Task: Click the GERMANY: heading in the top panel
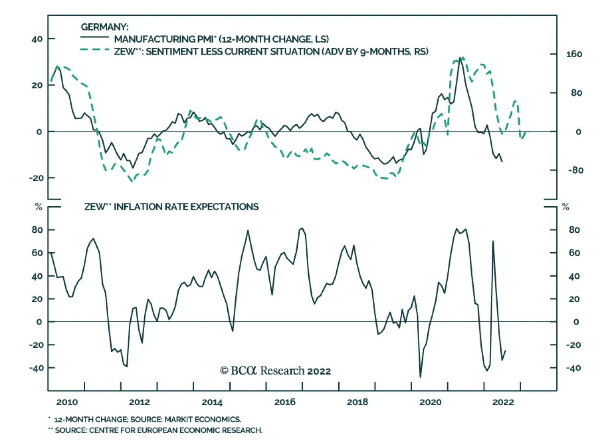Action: (105, 27)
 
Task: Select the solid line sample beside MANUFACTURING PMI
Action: (94, 37)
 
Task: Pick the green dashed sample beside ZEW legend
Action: (94, 50)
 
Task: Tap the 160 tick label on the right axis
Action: (574, 54)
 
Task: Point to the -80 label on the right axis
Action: (575, 170)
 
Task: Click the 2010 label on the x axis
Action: (67, 402)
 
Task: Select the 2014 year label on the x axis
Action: (212, 402)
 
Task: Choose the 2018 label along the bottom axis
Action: (357, 402)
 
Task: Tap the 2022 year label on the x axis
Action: (503, 402)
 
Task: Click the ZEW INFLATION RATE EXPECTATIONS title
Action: (171, 207)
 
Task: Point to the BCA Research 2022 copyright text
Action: (275, 370)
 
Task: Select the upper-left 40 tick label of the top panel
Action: (37, 39)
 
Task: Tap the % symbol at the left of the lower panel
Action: (39, 207)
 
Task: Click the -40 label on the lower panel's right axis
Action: (573, 368)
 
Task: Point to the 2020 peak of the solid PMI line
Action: (460, 58)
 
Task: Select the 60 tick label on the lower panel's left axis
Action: (37, 253)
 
